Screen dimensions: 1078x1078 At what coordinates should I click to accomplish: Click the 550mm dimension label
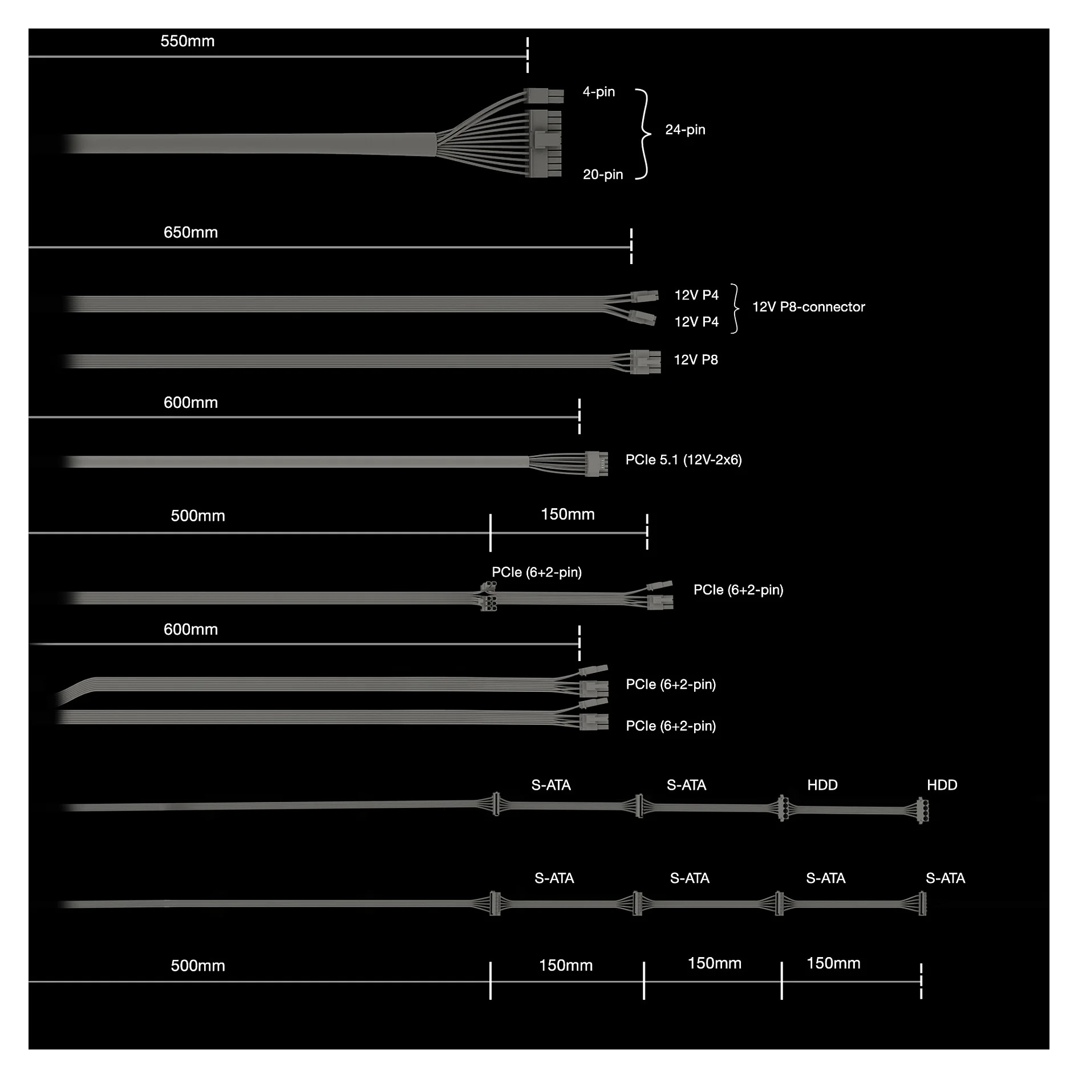187,41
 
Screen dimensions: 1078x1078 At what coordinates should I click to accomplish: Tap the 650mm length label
191,232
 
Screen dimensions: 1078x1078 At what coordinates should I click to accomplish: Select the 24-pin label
685,130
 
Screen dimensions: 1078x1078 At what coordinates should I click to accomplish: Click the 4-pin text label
599,92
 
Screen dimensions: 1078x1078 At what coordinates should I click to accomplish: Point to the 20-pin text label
603,175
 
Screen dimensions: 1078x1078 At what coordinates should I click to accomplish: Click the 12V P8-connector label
808,307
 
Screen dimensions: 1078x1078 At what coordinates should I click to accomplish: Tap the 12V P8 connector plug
645,362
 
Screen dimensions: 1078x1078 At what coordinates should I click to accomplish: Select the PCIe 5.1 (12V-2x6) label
683,460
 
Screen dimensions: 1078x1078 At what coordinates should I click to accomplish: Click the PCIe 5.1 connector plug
596,463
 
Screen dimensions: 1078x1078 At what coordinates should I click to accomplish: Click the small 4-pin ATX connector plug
544,95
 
